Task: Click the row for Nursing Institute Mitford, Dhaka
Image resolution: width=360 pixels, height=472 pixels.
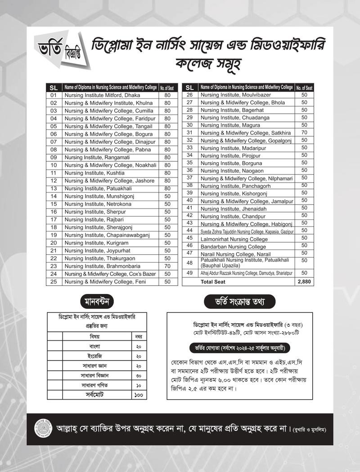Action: pos(102,95)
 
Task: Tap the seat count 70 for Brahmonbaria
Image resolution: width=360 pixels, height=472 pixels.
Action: pos(167,266)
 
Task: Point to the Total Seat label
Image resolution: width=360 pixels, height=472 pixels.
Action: pos(213,282)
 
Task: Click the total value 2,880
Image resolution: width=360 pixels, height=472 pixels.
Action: pos(304,282)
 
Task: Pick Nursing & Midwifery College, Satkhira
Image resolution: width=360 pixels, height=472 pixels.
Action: pos(245,133)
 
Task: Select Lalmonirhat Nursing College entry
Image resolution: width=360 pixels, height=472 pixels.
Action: pos(234,239)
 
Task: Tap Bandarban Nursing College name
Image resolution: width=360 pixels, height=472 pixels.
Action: pos(233,247)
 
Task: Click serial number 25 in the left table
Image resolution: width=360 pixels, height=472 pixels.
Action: pos(54,281)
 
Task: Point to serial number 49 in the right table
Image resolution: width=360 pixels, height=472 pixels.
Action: pos(189,273)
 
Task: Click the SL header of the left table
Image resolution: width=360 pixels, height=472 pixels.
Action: pos(54,88)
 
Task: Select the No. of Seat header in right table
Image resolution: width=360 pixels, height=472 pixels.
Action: pos(304,88)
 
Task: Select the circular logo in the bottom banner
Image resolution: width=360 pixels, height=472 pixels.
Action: pos(42,429)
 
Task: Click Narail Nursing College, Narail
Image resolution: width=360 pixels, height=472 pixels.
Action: pos(235,254)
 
